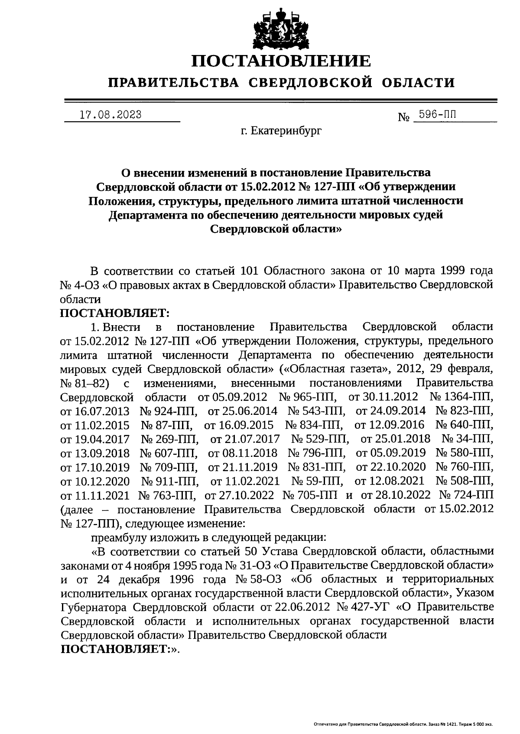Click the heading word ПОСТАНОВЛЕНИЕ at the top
tap(282, 61)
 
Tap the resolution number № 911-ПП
tap(170, 481)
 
